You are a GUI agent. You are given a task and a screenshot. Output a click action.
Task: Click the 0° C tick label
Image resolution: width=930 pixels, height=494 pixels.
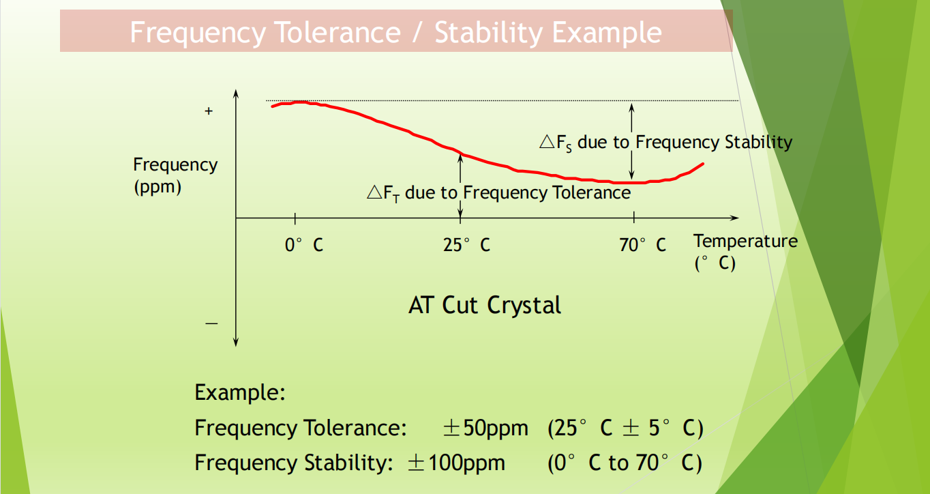click(304, 244)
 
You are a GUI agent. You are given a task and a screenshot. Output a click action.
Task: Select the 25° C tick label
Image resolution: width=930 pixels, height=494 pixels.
click(466, 244)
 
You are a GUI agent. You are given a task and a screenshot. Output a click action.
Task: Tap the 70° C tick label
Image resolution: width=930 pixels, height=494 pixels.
click(642, 244)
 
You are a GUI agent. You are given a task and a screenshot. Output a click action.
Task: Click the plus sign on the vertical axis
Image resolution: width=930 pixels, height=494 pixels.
click(209, 111)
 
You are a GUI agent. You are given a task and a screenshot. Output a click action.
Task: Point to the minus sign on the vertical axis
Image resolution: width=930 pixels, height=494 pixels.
click(211, 323)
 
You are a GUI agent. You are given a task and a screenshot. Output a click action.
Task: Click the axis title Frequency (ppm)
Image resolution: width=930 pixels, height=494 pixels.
click(175, 175)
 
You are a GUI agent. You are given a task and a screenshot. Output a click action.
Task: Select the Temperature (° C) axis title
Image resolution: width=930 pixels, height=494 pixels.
click(745, 251)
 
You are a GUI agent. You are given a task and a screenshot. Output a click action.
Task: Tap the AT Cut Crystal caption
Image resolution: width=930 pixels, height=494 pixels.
click(485, 304)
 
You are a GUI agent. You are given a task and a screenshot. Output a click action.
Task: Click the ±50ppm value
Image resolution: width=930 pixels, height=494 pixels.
click(485, 428)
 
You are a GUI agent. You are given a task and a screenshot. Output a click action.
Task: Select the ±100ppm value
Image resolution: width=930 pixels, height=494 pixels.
click(456, 463)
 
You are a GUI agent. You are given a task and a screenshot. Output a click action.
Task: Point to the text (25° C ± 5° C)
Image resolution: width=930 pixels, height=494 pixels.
click(625, 428)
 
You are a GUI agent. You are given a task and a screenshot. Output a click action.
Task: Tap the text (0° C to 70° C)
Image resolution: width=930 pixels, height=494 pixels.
click(625, 463)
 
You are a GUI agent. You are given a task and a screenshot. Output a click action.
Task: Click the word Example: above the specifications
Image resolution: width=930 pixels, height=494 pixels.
click(239, 393)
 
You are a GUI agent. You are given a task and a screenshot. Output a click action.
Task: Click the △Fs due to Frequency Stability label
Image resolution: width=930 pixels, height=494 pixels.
click(665, 143)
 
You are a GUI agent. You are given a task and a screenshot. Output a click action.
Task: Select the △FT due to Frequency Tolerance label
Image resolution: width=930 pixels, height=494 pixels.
click(498, 193)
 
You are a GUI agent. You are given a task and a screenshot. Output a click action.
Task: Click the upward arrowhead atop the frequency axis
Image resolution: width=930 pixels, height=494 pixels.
click(235, 93)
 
